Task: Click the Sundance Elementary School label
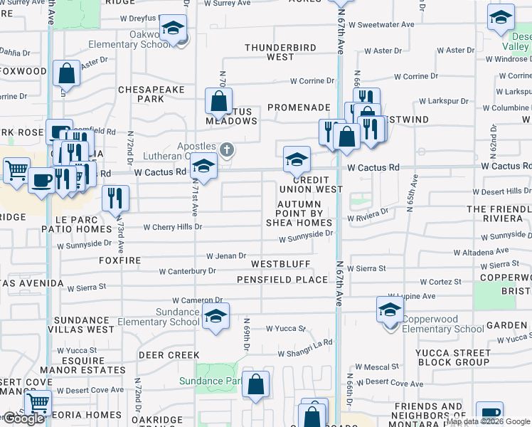(157, 317)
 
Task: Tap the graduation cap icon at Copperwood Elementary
(390, 310)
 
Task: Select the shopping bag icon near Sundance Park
(255, 385)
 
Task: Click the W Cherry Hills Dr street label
(173, 228)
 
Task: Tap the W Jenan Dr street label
(226, 255)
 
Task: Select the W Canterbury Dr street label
(188, 271)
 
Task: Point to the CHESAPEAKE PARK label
(151, 94)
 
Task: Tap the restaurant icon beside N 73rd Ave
(115, 197)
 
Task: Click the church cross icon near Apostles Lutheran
(226, 149)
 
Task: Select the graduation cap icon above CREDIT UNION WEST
(297, 159)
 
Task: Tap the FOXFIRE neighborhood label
(120, 261)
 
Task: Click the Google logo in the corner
(23, 418)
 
